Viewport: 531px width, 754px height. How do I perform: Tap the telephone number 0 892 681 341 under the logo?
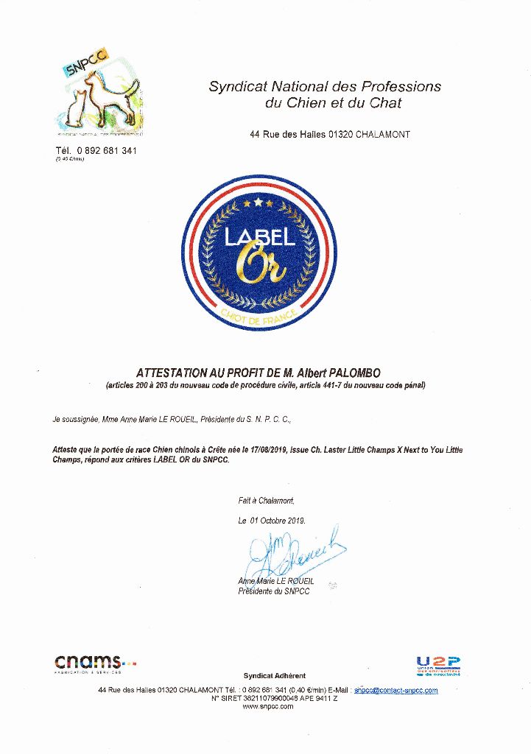[x=106, y=150]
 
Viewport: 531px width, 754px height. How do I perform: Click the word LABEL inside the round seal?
[x=260, y=236]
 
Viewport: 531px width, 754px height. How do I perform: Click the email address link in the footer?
[x=395, y=690]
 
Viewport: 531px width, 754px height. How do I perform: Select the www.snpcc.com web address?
[x=267, y=706]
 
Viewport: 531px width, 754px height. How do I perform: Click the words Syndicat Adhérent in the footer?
[x=274, y=675]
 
